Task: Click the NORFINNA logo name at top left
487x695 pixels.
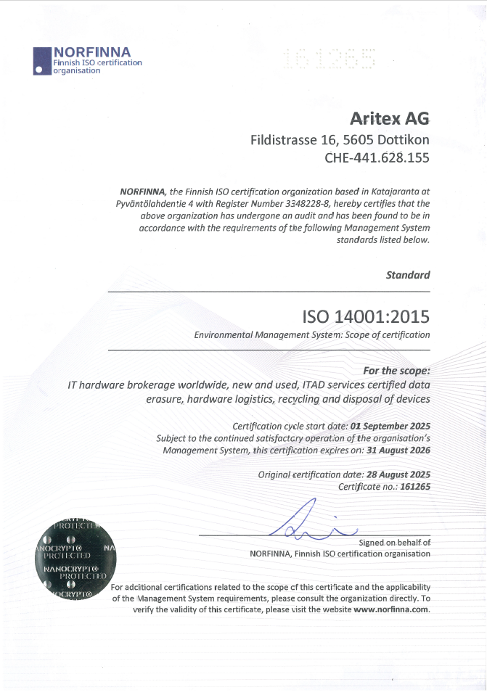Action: pyautogui.click(x=92, y=52)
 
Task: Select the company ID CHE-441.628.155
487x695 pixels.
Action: pyautogui.click(x=377, y=157)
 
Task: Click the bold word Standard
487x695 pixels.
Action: pyautogui.click(x=408, y=275)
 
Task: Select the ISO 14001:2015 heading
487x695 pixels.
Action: pyautogui.click(x=365, y=316)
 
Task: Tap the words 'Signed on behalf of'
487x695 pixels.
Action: pyautogui.click(x=395, y=542)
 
